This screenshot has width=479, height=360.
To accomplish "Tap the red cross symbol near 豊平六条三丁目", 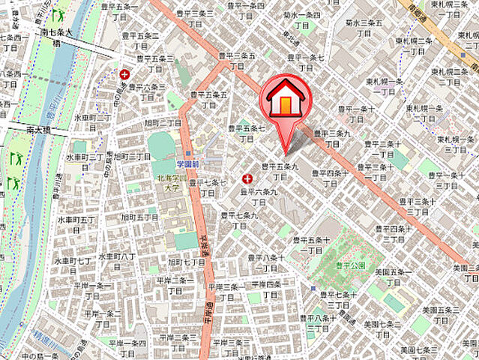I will (x=124, y=74).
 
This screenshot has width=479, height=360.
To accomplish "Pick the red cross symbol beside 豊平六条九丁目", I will (x=247, y=178).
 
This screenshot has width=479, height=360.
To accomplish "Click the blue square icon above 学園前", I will (x=187, y=152).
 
